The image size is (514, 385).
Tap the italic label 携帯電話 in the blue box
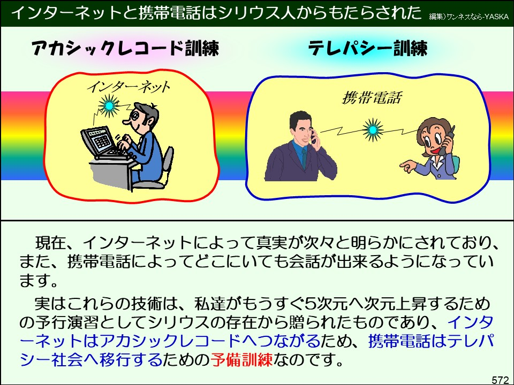(372, 98)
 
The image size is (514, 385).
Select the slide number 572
(500, 380)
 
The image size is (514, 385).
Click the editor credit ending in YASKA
(468, 16)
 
